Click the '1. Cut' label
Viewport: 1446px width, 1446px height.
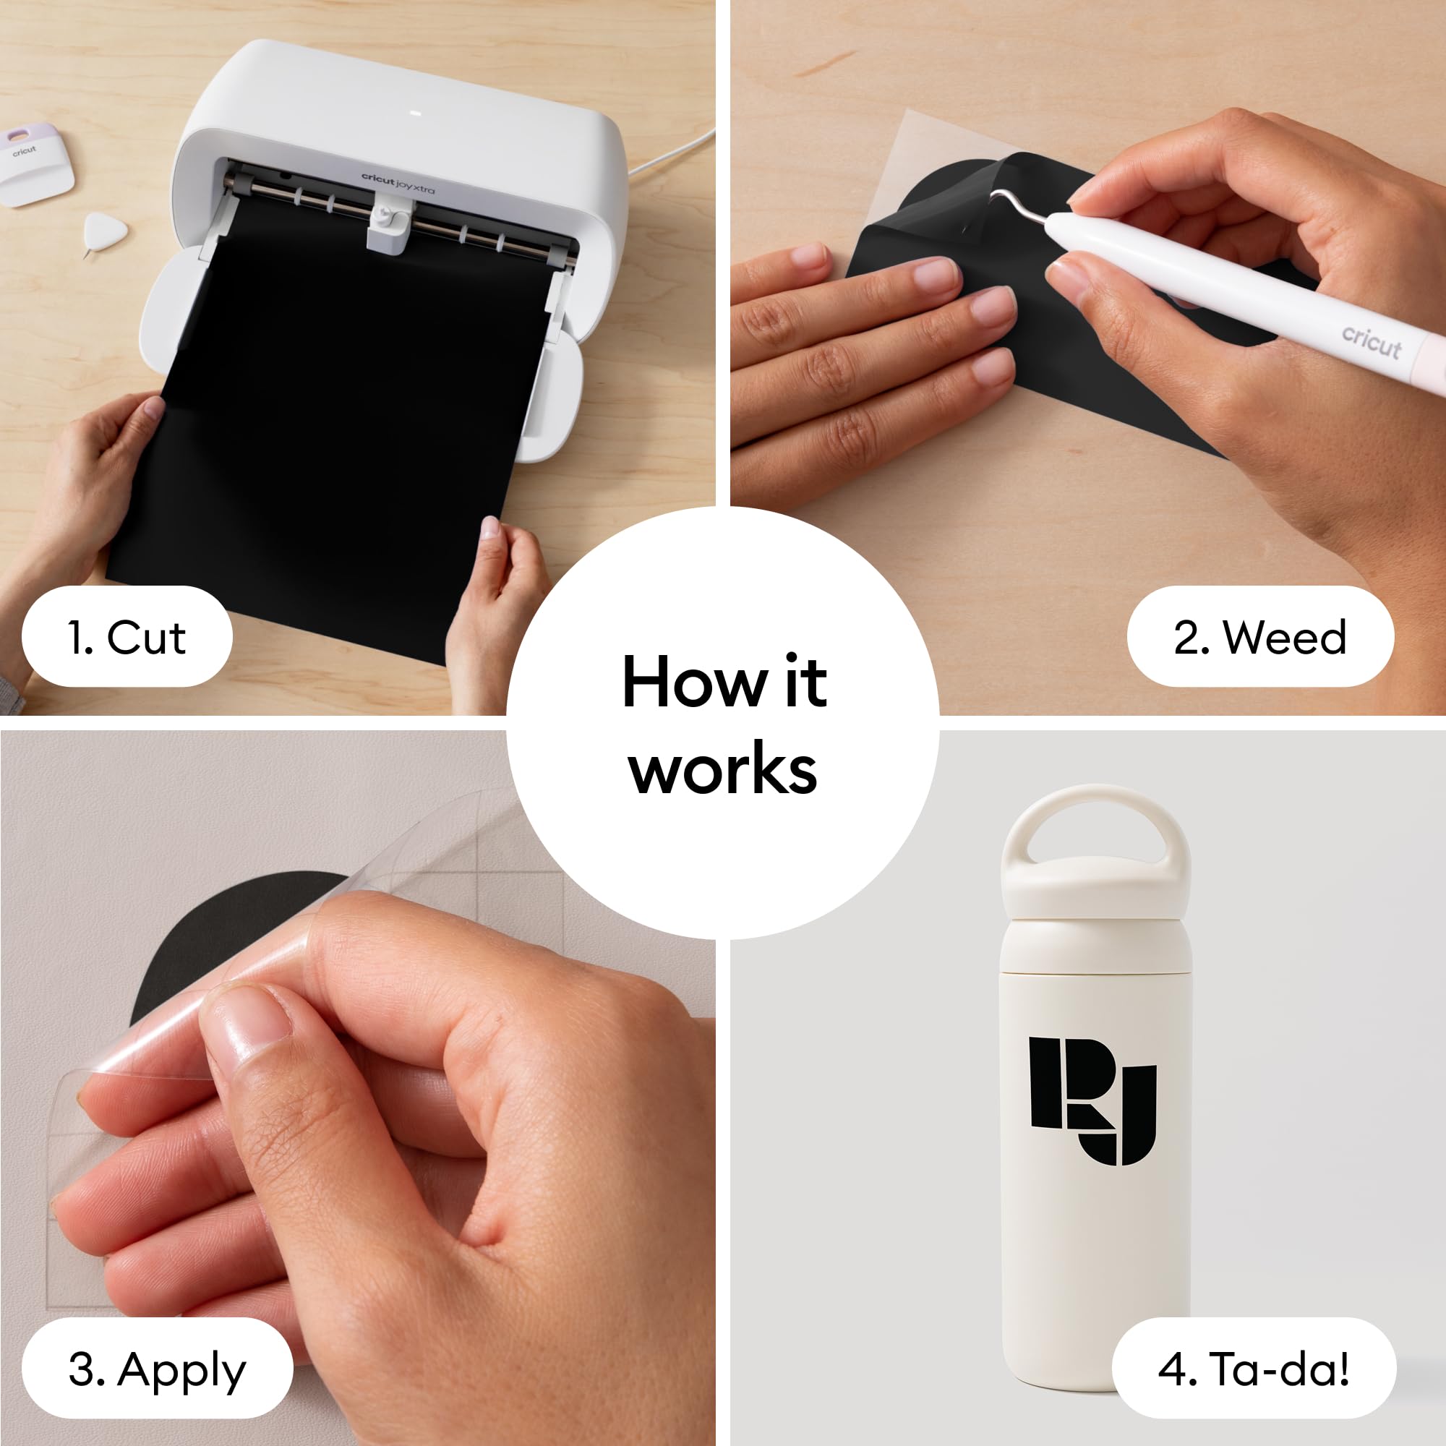click(x=127, y=637)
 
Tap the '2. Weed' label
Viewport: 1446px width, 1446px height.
click(x=1259, y=637)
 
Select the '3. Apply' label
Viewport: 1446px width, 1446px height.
click(x=157, y=1369)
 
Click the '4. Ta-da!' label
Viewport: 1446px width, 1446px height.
click(x=1254, y=1369)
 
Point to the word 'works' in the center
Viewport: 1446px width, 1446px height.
click(x=723, y=769)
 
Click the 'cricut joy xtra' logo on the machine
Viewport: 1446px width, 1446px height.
click(x=398, y=183)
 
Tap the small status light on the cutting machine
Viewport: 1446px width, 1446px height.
click(x=417, y=114)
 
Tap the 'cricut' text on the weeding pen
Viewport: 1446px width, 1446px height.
click(x=1370, y=343)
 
